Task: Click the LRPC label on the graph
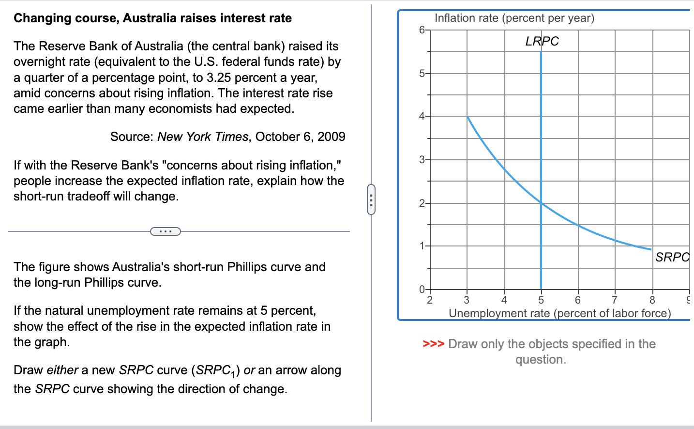542,41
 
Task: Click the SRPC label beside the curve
672,257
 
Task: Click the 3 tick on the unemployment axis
467,300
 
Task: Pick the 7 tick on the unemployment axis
615,300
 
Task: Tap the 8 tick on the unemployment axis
652,300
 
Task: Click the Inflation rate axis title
514,18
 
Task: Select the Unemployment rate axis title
559,313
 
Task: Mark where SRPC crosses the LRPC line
541,203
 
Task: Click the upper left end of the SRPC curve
468,117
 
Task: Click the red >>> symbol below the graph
433,344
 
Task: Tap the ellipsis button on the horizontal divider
166,231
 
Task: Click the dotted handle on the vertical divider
371,199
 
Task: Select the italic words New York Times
203,137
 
